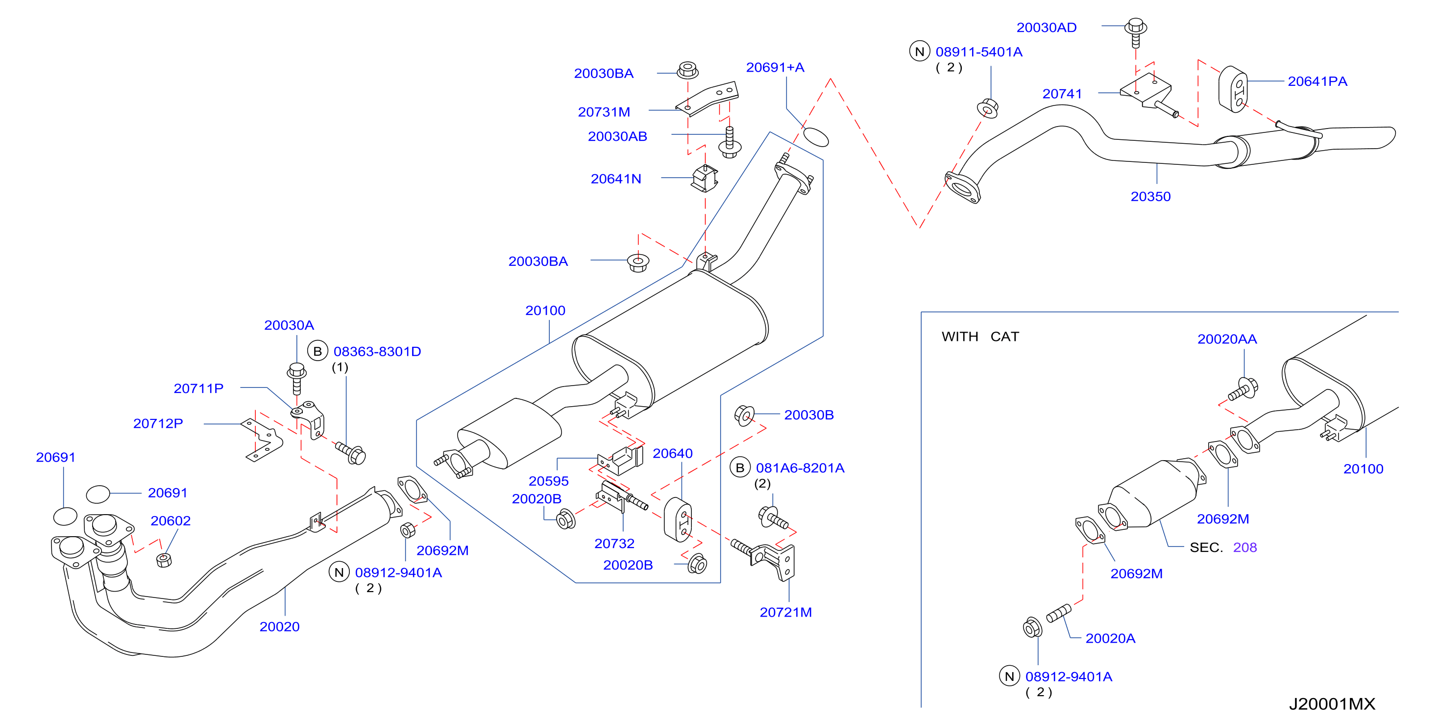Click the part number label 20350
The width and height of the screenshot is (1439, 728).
click(x=1150, y=197)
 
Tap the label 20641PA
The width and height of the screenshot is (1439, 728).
click(x=1317, y=81)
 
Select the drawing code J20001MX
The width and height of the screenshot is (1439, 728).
click(x=1332, y=704)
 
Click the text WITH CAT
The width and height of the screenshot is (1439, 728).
click(x=980, y=337)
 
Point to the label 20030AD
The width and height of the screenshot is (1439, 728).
click(x=1046, y=27)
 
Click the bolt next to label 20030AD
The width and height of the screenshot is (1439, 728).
click(x=1136, y=32)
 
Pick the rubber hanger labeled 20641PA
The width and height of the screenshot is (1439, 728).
click(x=1233, y=89)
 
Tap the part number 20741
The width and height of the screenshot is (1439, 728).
click(x=1062, y=94)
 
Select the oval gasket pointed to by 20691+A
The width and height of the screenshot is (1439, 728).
click(x=816, y=137)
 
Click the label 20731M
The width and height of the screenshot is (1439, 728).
click(x=604, y=112)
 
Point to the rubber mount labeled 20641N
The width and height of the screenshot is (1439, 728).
click(x=705, y=179)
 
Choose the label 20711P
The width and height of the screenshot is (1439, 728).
click(x=198, y=388)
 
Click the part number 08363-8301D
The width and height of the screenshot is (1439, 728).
click(x=377, y=352)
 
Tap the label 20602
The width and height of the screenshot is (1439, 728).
click(x=171, y=520)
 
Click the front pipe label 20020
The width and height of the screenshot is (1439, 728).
click(x=279, y=627)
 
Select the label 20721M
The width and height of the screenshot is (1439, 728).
click(x=785, y=612)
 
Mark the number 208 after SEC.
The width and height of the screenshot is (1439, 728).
click(x=1244, y=547)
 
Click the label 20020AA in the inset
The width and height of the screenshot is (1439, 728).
click(x=1227, y=339)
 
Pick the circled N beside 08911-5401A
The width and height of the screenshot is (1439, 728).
click(x=920, y=52)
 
